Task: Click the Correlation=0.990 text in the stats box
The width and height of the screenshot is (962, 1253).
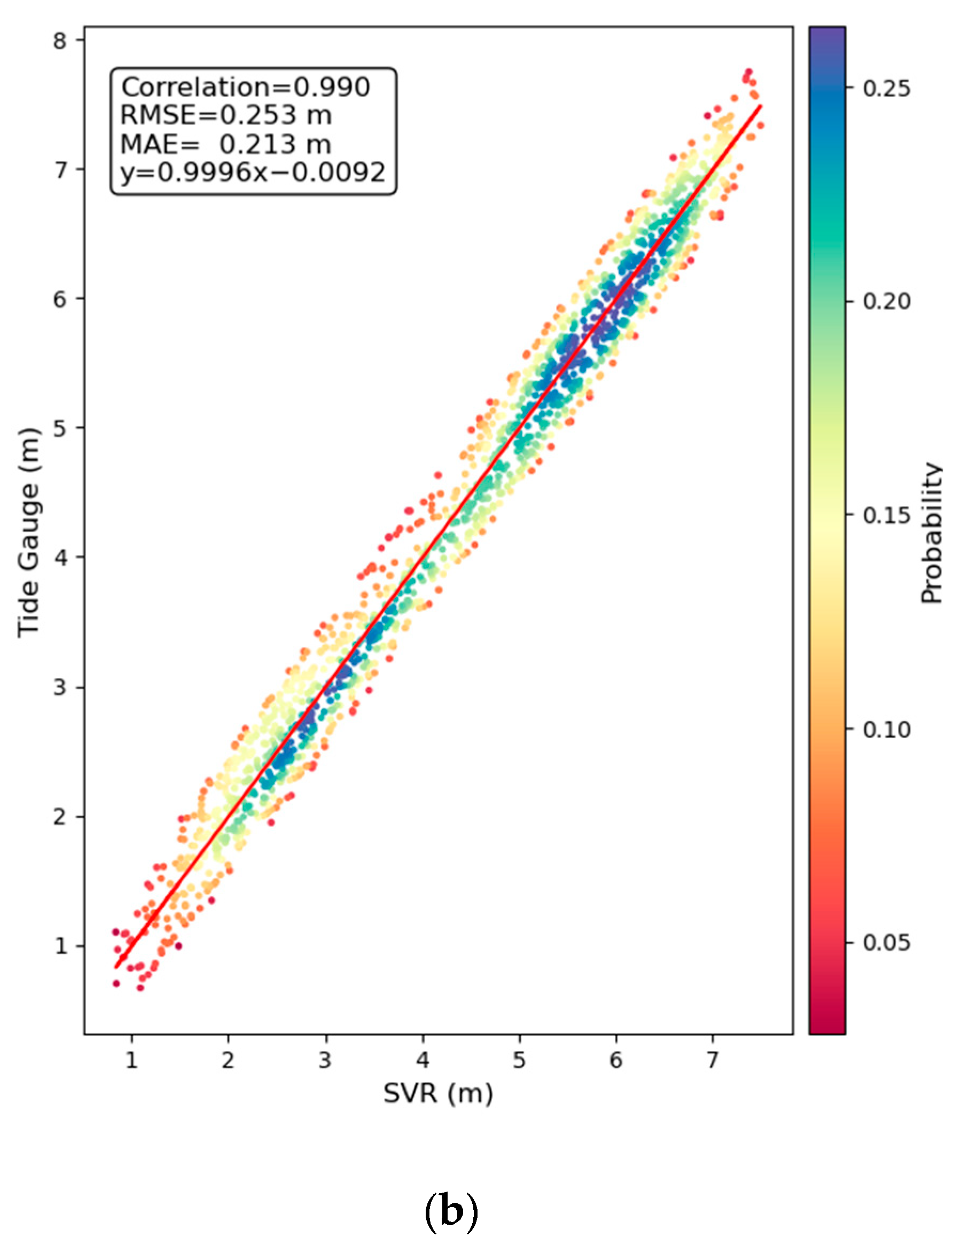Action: [x=246, y=88]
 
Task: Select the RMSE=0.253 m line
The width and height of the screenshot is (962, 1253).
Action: [x=225, y=115]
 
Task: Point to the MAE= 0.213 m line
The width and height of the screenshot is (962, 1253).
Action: [x=225, y=144]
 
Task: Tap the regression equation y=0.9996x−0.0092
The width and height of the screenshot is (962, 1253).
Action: [x=253, y=172]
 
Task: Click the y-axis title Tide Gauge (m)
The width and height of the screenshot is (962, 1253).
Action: [x=29, y=532]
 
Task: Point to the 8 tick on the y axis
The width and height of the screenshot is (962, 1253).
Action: [x=61, y=40]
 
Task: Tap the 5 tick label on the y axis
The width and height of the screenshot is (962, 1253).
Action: [x=61, y=428]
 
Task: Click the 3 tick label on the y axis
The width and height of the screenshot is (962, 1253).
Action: [x=61, y=687]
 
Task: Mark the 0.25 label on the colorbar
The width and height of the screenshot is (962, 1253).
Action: [x=886, y=88]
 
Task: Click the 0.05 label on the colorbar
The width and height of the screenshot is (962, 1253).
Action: [x=886, y=942]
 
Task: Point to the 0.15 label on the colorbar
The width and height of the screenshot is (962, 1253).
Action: [x=886, y=516]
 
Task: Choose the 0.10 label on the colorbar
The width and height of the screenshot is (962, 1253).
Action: [x=886, y=729]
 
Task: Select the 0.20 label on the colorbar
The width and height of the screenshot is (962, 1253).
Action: [x=886, y=302]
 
